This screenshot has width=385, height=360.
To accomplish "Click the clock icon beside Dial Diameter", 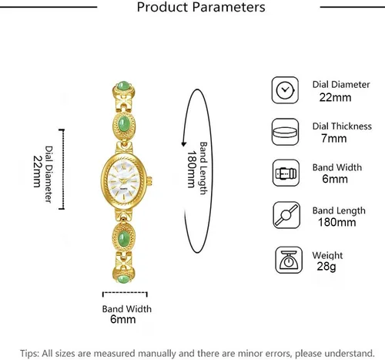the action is (285, 90).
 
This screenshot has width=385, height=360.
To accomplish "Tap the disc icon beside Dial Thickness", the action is (285, 132).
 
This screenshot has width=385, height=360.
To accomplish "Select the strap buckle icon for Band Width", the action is (286, 173).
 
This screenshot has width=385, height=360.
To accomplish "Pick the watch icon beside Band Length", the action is (286, 215).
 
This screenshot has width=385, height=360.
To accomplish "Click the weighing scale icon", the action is (289, 260).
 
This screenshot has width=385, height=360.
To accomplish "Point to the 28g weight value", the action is (326, 266).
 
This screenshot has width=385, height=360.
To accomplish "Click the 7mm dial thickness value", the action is (333, 139).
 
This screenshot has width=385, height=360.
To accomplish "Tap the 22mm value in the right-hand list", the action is (335, 98).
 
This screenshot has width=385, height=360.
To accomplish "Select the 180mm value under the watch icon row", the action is (336, 222).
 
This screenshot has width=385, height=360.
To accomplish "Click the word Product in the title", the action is (162, 7).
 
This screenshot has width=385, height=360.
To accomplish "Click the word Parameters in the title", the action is (229, 7).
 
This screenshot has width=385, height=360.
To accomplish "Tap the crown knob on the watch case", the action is (149, 181).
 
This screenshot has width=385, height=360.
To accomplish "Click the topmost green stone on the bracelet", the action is (123, 86).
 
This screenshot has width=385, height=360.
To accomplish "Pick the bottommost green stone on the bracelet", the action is (123, 279).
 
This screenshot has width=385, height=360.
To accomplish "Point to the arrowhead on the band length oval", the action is (184, 143).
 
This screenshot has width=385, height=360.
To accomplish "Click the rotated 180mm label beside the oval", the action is (191, 170).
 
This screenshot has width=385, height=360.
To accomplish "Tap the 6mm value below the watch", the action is (123, 319).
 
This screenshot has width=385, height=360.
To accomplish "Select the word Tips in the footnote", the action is (29, 354).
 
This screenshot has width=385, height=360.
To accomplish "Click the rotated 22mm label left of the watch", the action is (38, 171).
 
